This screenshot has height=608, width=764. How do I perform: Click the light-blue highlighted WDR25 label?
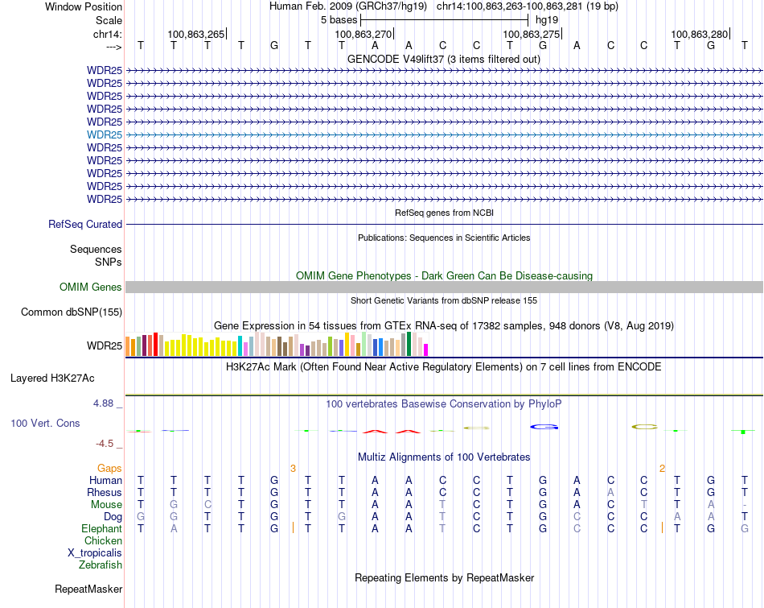point(105,134)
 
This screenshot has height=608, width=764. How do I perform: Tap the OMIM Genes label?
point(91,287)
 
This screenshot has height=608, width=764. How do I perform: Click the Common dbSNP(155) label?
point(72,312)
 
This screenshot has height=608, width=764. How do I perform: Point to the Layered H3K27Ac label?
point(52,378)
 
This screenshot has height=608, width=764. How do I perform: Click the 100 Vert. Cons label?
point(45,423)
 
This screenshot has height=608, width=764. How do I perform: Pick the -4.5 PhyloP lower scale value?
point(105,444)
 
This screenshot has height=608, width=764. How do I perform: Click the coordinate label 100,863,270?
point(364,35)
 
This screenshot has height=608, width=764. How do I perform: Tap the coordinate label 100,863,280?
point(699,35)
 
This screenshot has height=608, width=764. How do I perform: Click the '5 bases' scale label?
point(339,19)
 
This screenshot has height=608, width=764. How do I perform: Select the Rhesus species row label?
point(105,493)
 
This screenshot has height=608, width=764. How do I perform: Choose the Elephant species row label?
point(101,529)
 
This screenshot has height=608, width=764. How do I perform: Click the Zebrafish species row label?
point(101,565)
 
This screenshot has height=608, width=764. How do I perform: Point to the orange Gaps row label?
point(109,468)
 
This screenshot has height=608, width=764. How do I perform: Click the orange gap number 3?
point(294,468)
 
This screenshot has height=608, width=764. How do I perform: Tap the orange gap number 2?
point(662,468)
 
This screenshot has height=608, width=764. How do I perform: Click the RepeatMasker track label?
point(88,589)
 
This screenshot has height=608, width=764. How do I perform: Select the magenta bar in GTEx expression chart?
point(426,349)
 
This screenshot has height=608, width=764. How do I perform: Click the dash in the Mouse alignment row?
point(745,505)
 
